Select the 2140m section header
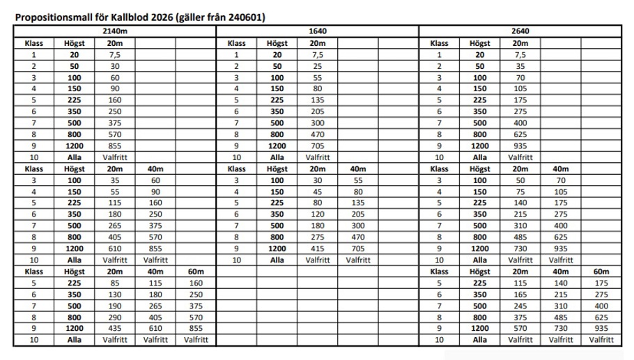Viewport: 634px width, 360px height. click(114, 31)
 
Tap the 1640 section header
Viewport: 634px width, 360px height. click(318, 31)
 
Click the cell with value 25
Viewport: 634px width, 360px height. click(318, 65)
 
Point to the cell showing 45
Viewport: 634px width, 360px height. click(318, 191)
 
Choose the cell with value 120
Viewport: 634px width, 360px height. click(318, 214)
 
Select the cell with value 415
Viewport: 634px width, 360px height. click(318, 248)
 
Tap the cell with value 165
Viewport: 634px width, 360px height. click(520, 294)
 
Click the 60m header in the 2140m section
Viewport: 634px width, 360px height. click(196, 271)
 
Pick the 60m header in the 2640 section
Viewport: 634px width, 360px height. click(601, 271)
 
